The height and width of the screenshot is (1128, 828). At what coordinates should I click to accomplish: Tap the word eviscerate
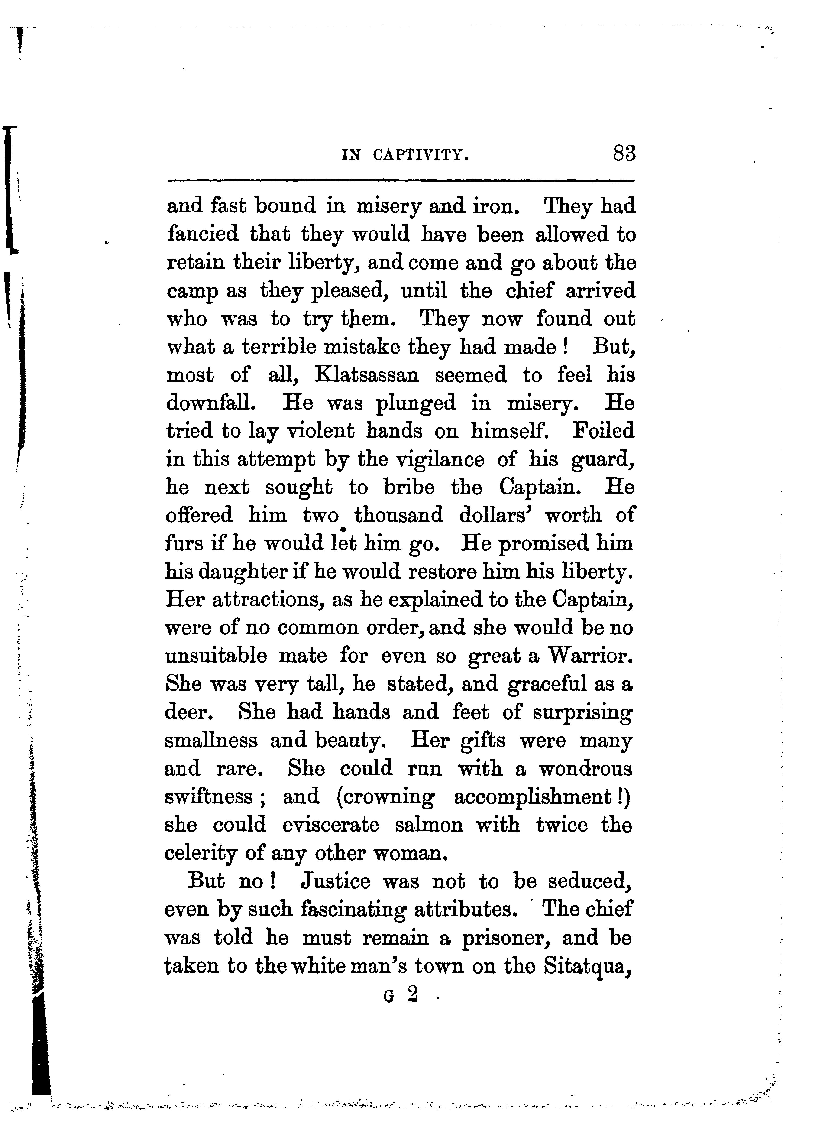tap(331, 825)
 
